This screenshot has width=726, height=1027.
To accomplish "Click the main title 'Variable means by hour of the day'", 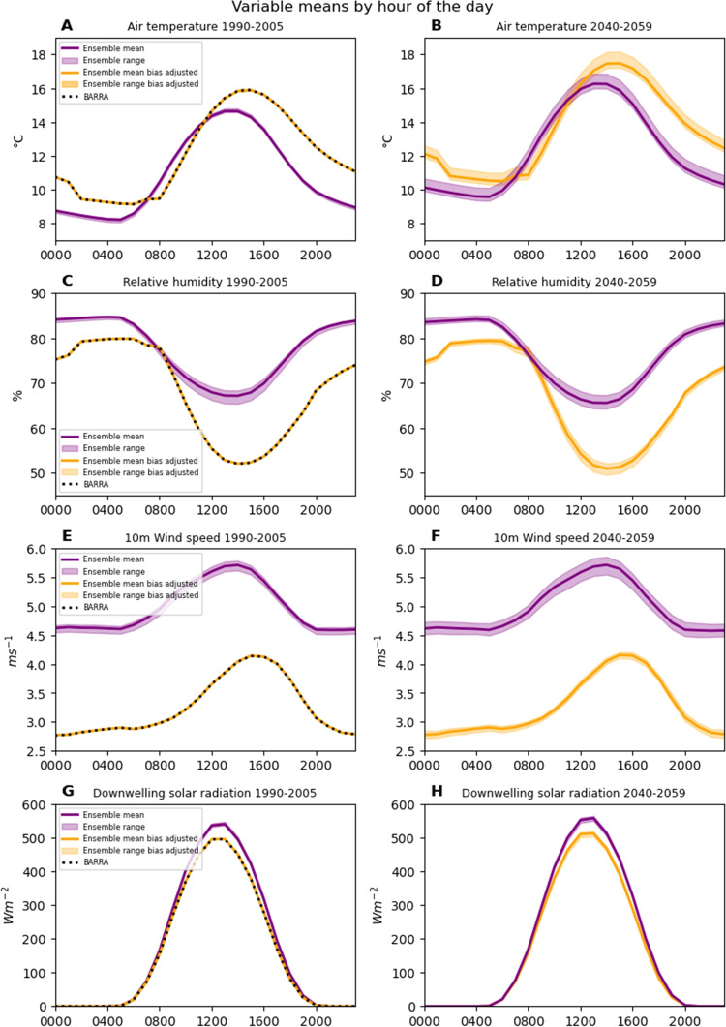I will tap(363, 8).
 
